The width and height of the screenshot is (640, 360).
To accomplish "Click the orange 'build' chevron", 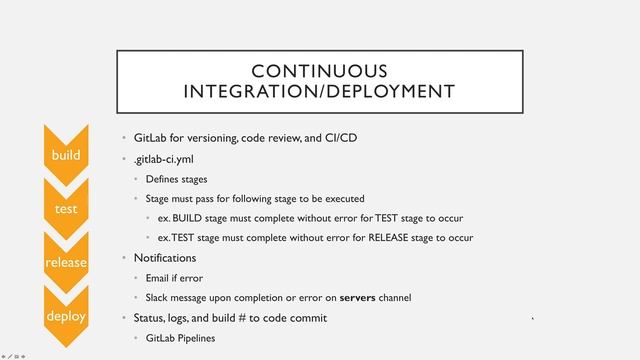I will pos(67,155).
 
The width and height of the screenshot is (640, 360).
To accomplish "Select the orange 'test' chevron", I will pos(67,208).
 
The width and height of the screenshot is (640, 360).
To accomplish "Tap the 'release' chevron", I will pos(67,262).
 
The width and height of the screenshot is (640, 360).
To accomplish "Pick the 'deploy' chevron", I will pos(67,315).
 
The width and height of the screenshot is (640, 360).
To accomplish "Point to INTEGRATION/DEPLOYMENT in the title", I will pos(319,92).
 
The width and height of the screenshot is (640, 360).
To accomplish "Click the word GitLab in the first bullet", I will pos(152,137).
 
